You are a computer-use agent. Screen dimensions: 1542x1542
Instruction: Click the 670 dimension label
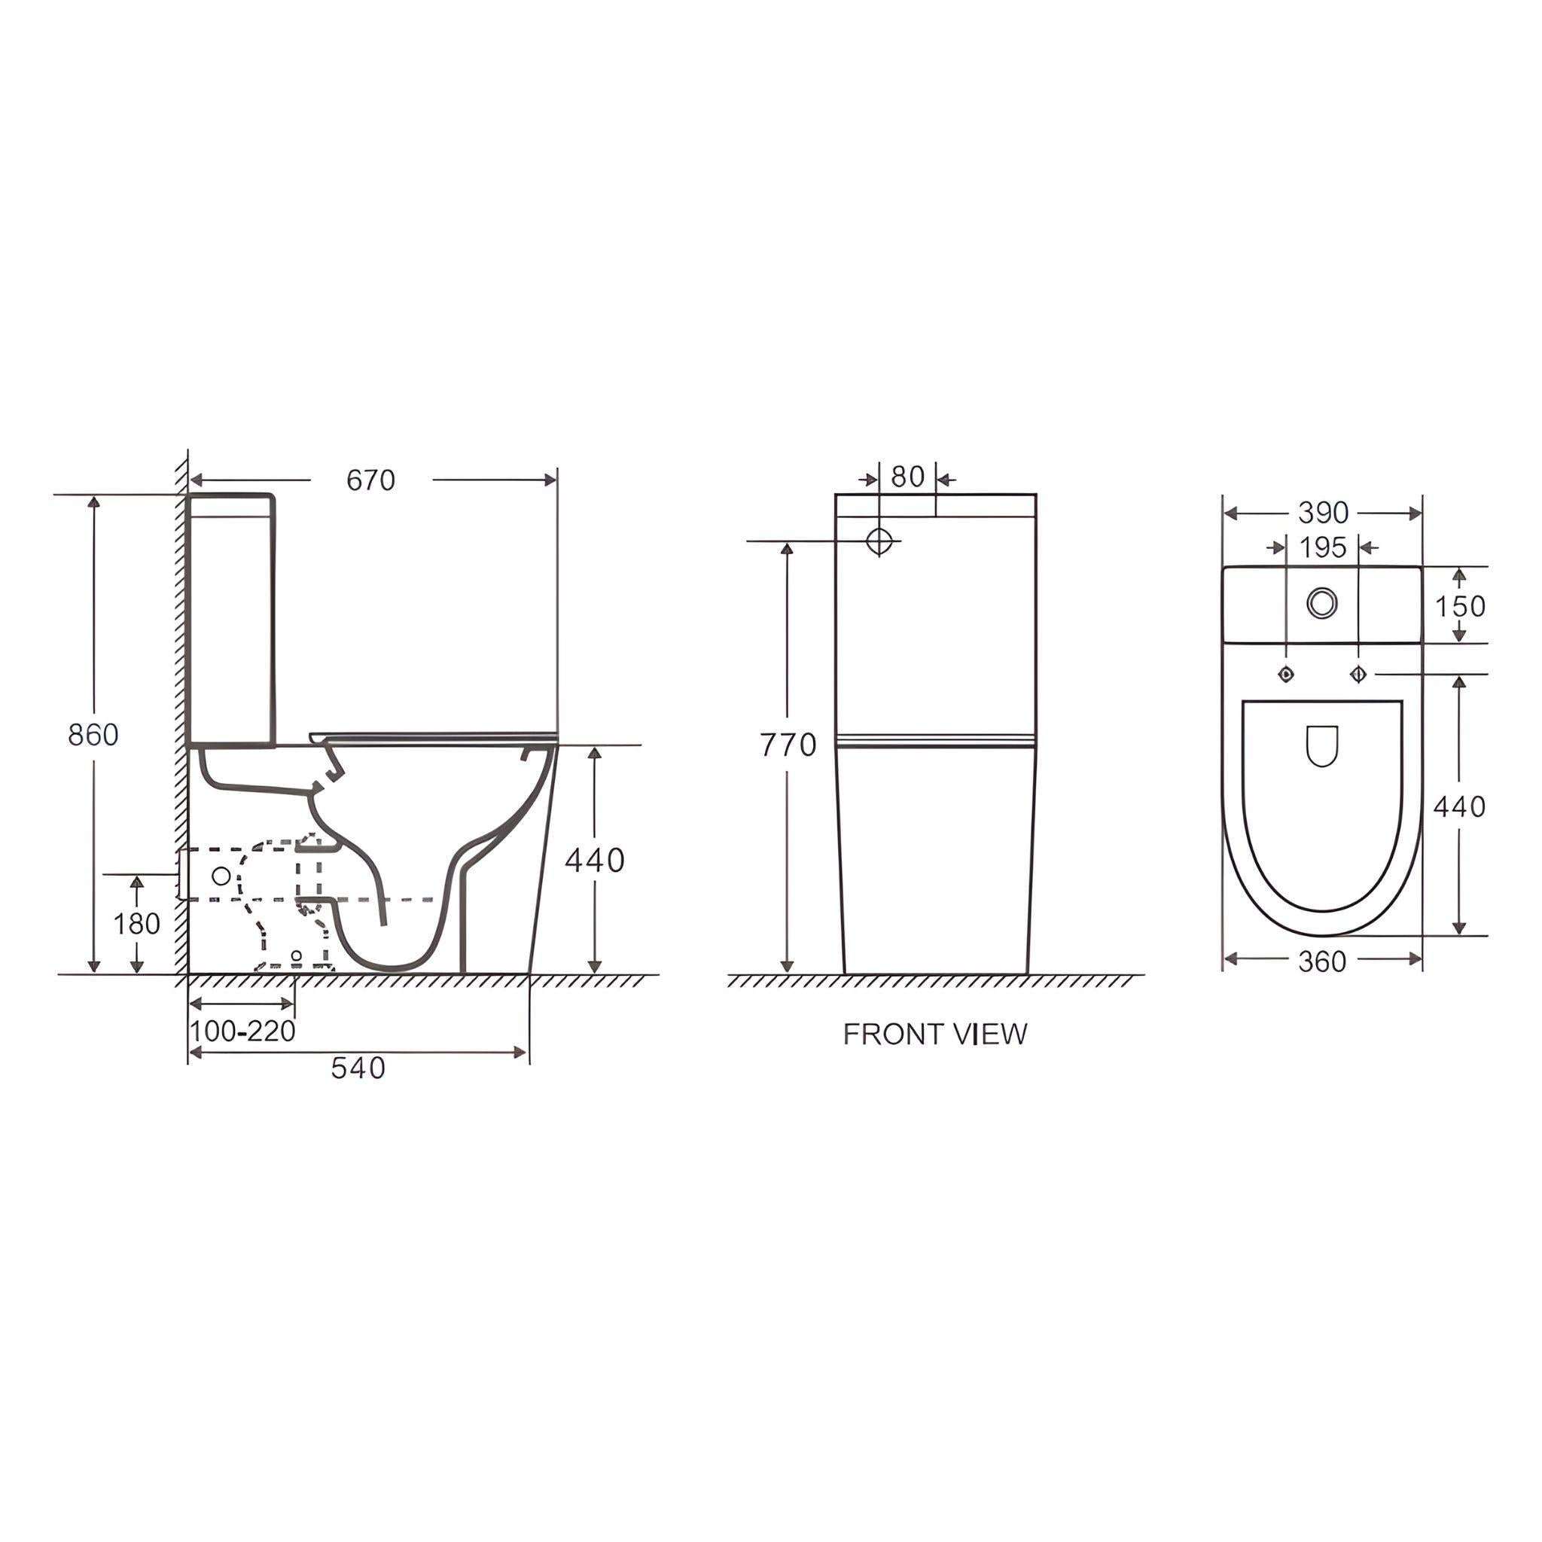tap(370, 480)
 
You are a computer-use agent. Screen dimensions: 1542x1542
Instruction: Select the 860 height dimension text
tap(93, 734)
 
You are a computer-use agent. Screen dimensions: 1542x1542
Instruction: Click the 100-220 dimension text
tap(242, 1032)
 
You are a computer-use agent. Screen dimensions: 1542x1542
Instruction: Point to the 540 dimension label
tap(358, 1068)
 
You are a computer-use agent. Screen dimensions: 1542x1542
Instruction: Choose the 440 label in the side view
tap(594, 860)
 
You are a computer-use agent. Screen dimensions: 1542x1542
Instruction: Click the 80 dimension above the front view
tap(907, 477)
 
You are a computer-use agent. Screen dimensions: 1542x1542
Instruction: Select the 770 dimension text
tap(787, 745)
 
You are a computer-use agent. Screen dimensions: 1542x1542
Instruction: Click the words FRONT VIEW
tap(934, 1035)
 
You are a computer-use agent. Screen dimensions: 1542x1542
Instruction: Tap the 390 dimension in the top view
tap(1322, 513)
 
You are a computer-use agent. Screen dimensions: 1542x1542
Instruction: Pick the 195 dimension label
tap(1322, 547)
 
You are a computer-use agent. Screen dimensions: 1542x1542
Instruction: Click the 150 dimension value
tap(1460, 607)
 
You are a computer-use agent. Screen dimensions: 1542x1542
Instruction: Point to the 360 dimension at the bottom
tap(1321, 961)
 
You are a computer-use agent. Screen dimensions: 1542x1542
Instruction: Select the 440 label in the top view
tap(1459, 807)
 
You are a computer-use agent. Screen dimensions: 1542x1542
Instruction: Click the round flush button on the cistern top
tap(1322, 602)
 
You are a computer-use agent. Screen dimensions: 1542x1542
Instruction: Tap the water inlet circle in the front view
tap(879, 541)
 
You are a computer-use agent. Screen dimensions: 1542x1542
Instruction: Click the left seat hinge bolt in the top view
tap(1286, 675)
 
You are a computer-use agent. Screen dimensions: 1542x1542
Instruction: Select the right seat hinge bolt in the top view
tap(1358, 675)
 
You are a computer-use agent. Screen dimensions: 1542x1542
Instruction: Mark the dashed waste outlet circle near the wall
tap(221, 876)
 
